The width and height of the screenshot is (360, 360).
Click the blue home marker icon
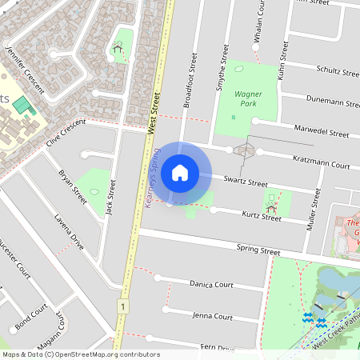point(180,172)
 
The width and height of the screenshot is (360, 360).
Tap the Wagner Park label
point(248,98)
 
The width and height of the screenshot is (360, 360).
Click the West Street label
point(154,112)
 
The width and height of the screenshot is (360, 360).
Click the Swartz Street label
point(246,182)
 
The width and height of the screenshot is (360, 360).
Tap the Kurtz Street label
point(261,216)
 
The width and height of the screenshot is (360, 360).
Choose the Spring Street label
point(258,250)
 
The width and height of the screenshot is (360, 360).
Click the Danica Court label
point(211,284)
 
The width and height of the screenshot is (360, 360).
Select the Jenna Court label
point(213,316)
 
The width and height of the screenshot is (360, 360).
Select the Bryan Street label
point(72,186)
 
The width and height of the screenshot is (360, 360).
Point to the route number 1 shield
point(122,306)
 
